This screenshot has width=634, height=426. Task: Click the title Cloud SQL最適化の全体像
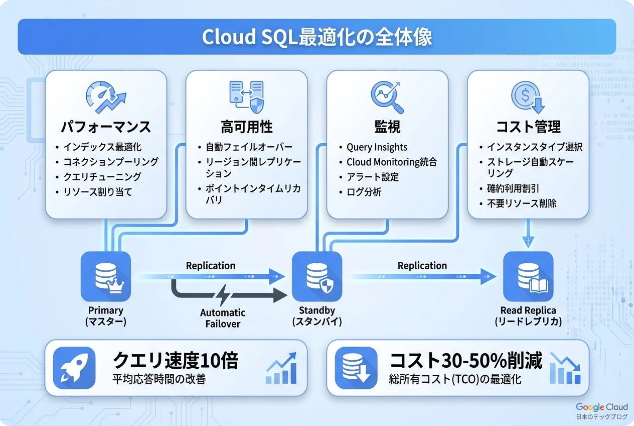pos(316,38)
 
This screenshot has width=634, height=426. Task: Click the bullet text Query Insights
pos(377,147)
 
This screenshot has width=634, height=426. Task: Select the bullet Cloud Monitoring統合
pos(391,162)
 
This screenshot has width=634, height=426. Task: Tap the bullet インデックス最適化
pos(102,147)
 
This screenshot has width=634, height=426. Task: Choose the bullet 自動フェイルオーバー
pos(249,147)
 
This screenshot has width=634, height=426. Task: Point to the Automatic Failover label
pos(223,318)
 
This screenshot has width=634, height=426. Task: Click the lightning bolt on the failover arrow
pos(223,293)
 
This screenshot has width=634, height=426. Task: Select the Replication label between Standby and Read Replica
pos(422,265)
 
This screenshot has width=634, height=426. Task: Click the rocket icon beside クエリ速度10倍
pos(74,367)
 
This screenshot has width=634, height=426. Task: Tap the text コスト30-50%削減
pos(466,361)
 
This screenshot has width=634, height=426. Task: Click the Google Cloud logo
pos(601,407)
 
